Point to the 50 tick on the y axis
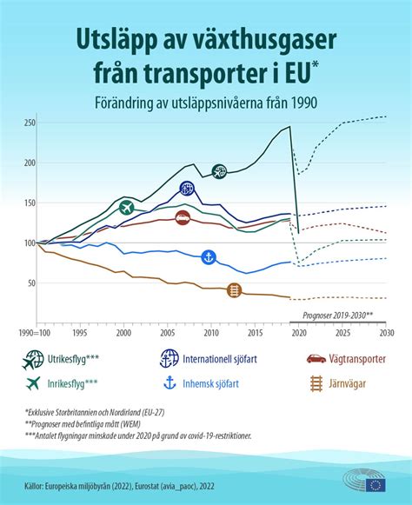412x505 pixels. point(30,283)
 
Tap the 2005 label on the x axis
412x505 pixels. point(166,332)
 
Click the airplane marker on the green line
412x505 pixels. point(127,207)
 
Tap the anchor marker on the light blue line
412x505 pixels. point(209,256)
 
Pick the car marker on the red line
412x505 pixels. point(183,218)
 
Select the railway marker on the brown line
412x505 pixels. point(234,290)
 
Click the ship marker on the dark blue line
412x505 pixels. point(188,189)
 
